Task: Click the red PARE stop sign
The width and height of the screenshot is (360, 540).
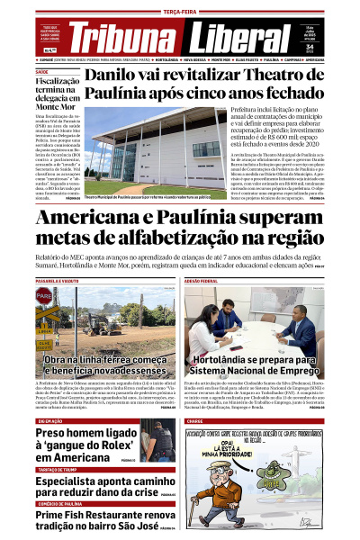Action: (x=43, y=294)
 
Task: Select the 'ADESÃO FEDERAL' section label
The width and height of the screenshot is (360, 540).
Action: (x=201, y=282)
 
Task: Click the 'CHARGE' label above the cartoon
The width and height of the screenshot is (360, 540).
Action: (x=195, y=420)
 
